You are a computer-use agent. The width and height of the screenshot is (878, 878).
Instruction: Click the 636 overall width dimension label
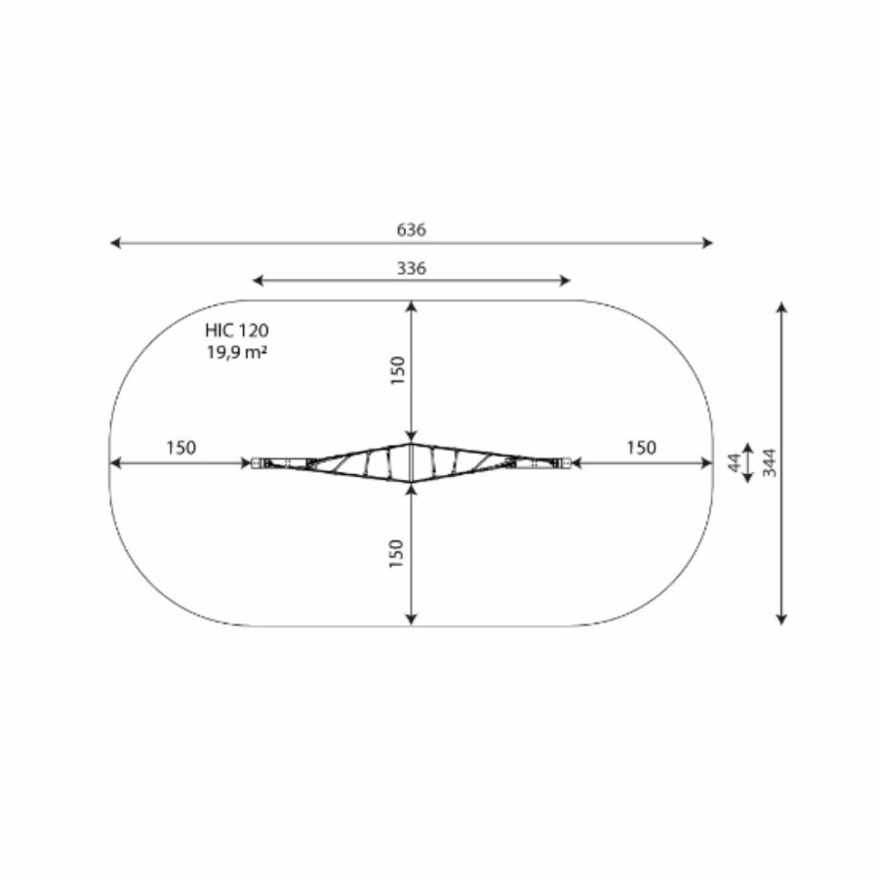tap(412, 229)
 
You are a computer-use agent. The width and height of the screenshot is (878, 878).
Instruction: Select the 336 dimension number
tap(412, 268)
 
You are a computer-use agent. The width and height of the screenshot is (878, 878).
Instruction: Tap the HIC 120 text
tap(237, 331)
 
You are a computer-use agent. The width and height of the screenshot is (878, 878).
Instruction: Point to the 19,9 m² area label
tap(237, 353)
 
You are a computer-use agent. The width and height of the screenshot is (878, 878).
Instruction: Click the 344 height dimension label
tap(771, 462)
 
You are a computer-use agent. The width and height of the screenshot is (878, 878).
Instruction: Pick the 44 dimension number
tap(735, 462)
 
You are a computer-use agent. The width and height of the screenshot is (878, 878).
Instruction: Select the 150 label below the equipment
tap(396, 554)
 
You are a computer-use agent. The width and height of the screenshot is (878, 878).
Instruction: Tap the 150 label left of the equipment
tap(181, 448)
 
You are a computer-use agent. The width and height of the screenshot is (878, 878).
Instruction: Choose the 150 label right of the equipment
tap(641, 448)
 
